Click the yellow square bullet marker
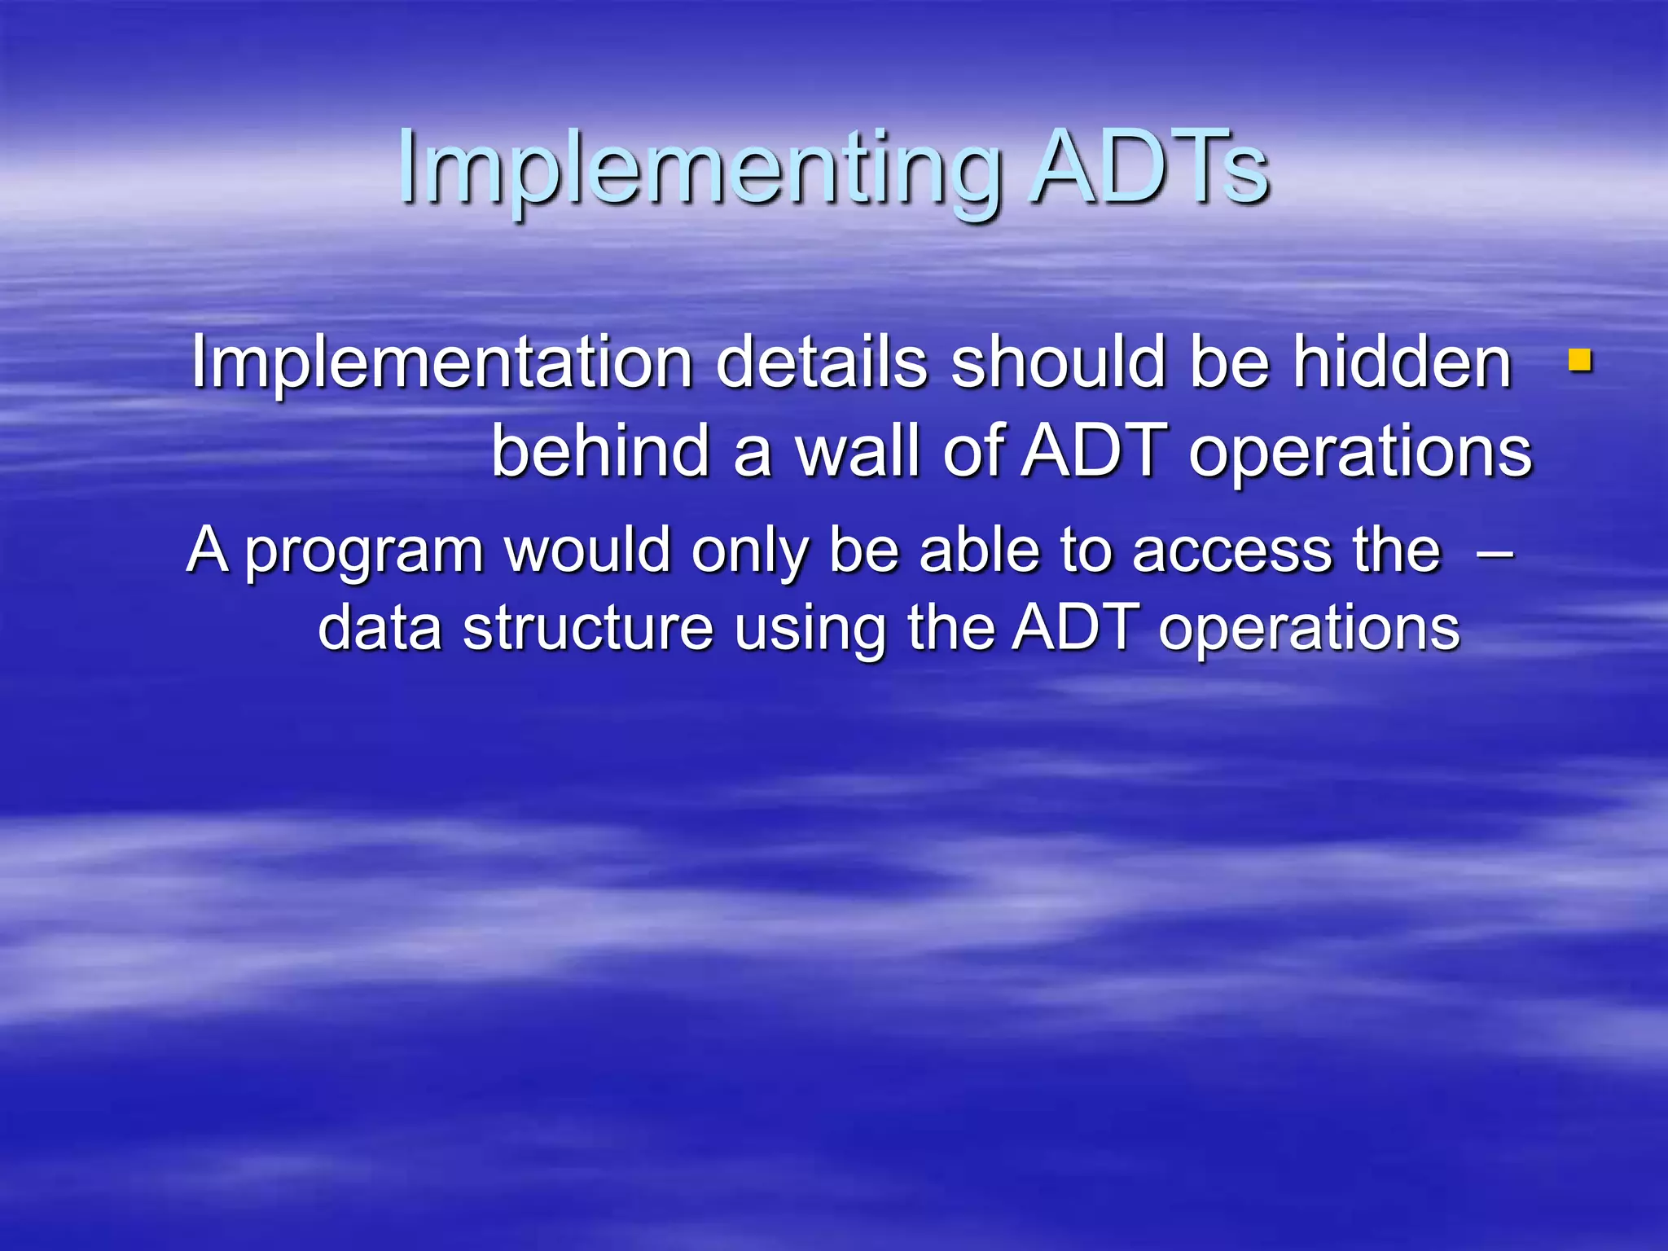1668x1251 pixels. pyautogui.click(x=1580, y=360)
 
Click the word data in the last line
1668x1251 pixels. pyautogui.click(x=380, y=630)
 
